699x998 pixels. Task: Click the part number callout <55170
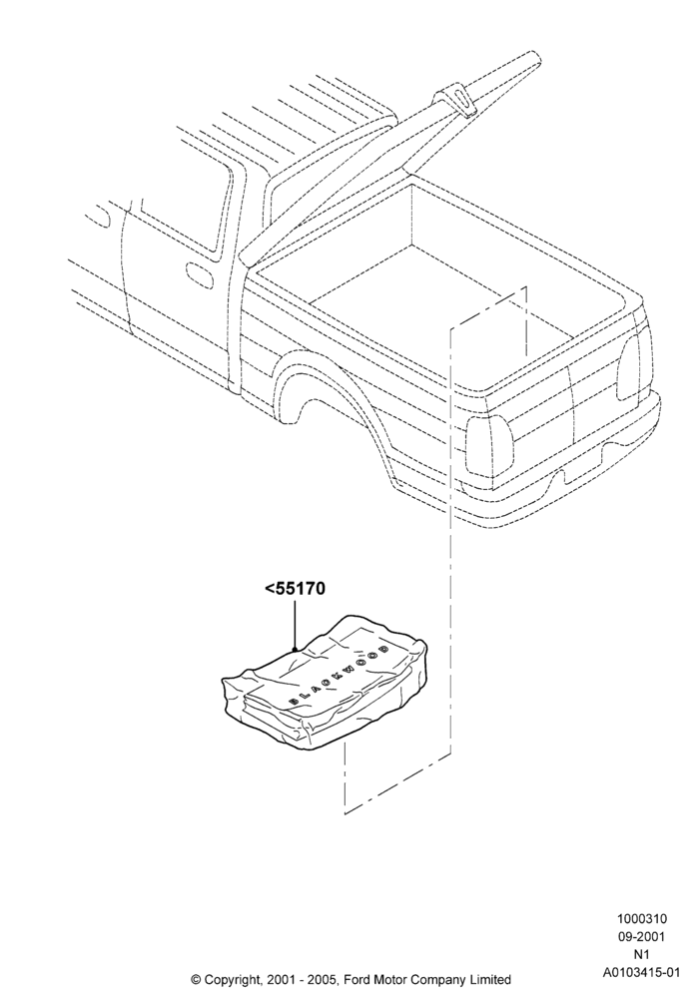295,589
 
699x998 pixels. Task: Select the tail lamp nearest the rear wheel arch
490,448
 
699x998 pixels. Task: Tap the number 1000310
641,918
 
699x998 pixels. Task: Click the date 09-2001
641,936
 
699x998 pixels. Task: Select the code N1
641,954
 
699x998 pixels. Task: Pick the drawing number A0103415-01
641,972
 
